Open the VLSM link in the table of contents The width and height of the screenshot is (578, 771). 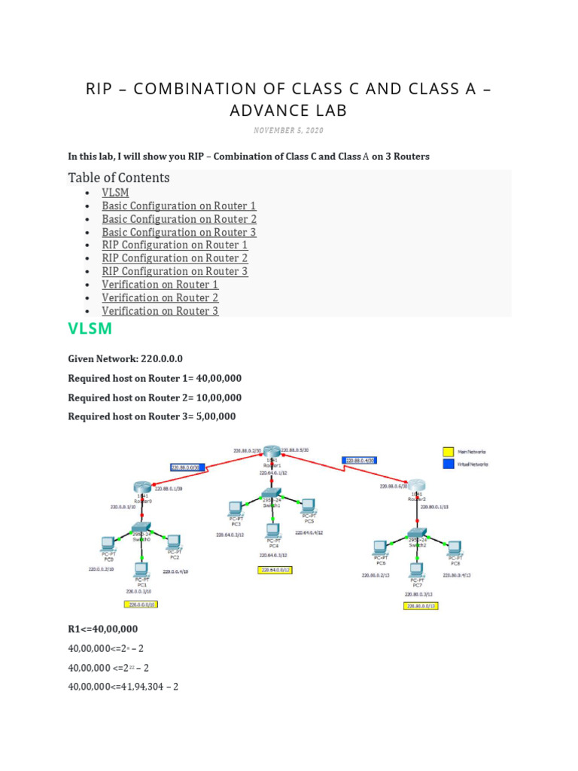[115, 193]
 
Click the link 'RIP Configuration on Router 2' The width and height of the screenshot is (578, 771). [175, 258]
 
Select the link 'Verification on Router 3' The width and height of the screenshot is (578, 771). [160, 311]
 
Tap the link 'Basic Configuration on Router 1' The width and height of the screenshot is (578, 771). [179, 206]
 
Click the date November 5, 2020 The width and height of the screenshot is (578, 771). [288, 131]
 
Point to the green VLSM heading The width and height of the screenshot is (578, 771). [90, 328]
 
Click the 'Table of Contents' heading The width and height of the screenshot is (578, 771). [119, 178]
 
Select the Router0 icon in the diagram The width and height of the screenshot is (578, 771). [142, 488]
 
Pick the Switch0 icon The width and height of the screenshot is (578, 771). [141, 528]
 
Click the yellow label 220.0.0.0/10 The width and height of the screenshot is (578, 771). [141, 604]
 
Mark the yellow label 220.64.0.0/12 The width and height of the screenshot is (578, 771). [275, 570]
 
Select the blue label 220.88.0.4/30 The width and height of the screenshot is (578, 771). [359, 460]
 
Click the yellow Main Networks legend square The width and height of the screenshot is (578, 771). [448, 452]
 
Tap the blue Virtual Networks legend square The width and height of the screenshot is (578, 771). [448, 465]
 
